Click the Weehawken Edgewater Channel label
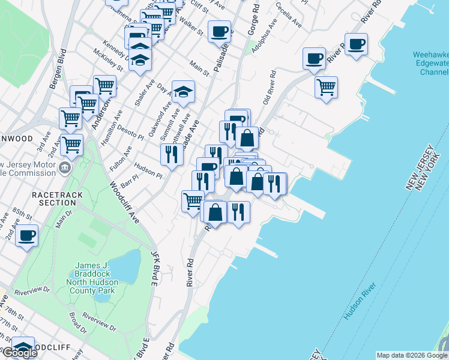coord(430,64)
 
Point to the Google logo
coord(19,352)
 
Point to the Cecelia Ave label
coord(289,14)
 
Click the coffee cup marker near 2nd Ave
coord(27,235)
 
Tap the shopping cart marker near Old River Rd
coord(326,86)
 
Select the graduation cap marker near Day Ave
coord(183,91)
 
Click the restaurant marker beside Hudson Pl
coord(172,154)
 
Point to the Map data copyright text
coord(412,355)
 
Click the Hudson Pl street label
coord(148,171)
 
